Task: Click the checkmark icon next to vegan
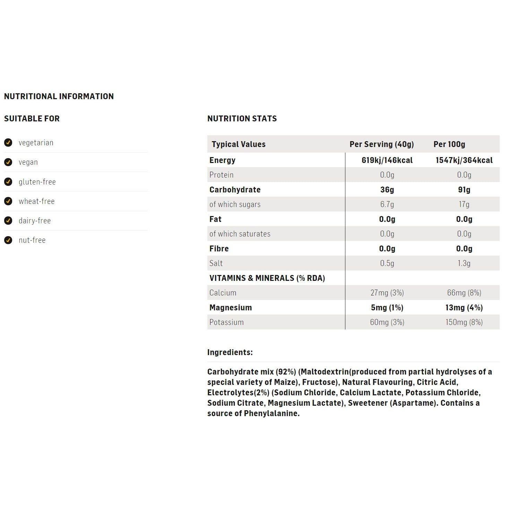coord(8,162)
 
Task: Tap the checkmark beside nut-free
coord(8,240)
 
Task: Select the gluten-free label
coord(37,182)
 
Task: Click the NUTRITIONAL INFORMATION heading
coord(59,96)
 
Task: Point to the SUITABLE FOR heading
coord(32,119)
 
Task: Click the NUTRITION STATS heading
coord(242,119)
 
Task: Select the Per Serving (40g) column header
coord(381,144)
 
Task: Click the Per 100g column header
coord(449,144)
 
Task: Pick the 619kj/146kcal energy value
coord(387,160)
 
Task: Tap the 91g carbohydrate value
coord(464,190)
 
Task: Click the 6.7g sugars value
coord(387,204)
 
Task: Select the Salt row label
coord(216,263)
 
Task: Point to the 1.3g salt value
coord(464,263)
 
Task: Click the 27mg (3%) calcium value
coord(387,293)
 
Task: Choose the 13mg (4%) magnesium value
coord(464,308)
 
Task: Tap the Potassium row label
coord(226,322)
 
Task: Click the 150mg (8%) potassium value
coord(464,322)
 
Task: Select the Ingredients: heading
coord(230,352)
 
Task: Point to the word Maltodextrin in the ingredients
coord(325,372)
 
